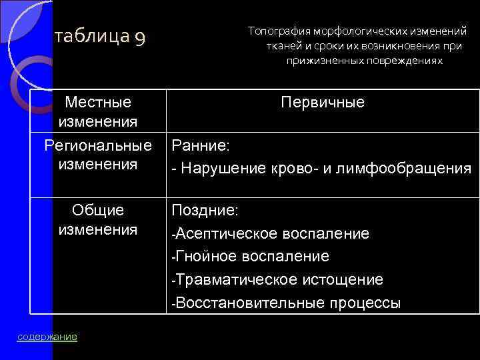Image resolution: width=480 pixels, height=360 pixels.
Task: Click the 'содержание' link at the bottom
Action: click(x=47, y=337)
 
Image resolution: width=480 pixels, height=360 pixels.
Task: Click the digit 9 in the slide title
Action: click(x=139, y=39)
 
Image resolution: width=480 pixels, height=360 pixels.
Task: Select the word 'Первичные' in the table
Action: click(x=323, y=103)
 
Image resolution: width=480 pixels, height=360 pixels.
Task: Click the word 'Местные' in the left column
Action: click(x=98, y=103)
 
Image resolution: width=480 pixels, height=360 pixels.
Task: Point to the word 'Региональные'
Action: click(x=98, y=145)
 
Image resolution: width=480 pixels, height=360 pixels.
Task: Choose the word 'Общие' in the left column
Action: click(x=98, y=210)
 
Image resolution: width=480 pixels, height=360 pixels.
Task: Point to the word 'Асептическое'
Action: click(x=224, y=233)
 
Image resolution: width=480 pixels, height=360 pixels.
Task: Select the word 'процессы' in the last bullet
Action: click(x=365, y=303)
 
